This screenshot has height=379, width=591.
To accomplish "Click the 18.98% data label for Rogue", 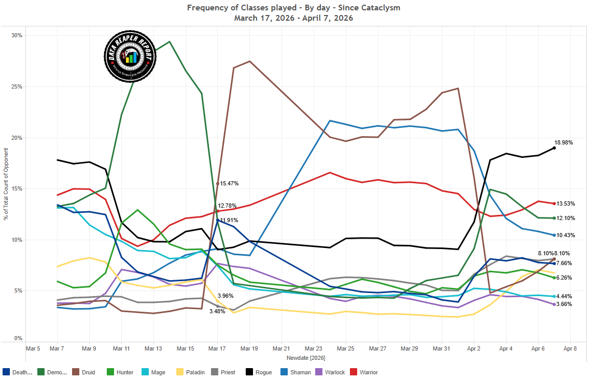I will tap(564, 142).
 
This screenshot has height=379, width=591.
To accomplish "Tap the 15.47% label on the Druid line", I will tap(229, 184).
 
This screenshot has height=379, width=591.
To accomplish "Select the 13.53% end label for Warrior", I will tap(566, 204).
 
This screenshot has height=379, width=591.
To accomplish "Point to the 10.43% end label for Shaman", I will tap(566, 236).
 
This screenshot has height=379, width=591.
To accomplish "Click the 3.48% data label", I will tap(218, 311).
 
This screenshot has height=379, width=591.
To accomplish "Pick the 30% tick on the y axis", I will tap(17, 36).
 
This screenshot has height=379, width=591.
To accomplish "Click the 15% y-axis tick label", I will tap(17, 189).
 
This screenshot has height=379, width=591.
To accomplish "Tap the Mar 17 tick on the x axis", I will tap(217, 349).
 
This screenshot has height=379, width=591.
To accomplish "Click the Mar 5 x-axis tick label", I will tap(33, 349).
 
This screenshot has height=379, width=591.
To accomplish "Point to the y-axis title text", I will tap(6, 184).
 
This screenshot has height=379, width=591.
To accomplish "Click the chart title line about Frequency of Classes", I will tap(293, 8).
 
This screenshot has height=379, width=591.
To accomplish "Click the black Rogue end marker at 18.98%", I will tap(554, 148).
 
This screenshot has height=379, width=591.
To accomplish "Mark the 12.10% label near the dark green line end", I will tap(566, 218).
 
